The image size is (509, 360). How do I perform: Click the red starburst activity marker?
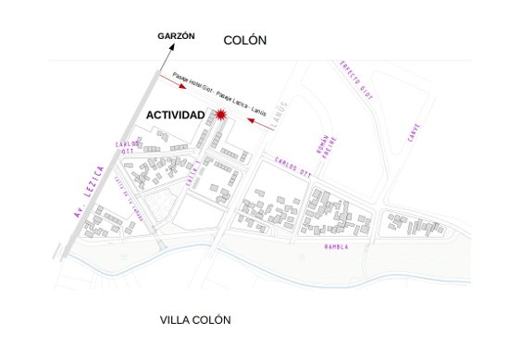click(221, 114)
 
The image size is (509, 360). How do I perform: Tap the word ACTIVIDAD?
click(176, 114)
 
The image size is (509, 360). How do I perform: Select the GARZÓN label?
click(176, 36)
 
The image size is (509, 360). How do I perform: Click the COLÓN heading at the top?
click(245, 40)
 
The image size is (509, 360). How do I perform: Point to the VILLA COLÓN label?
click(195, 320)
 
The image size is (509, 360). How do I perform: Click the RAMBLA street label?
click(337, 247)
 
